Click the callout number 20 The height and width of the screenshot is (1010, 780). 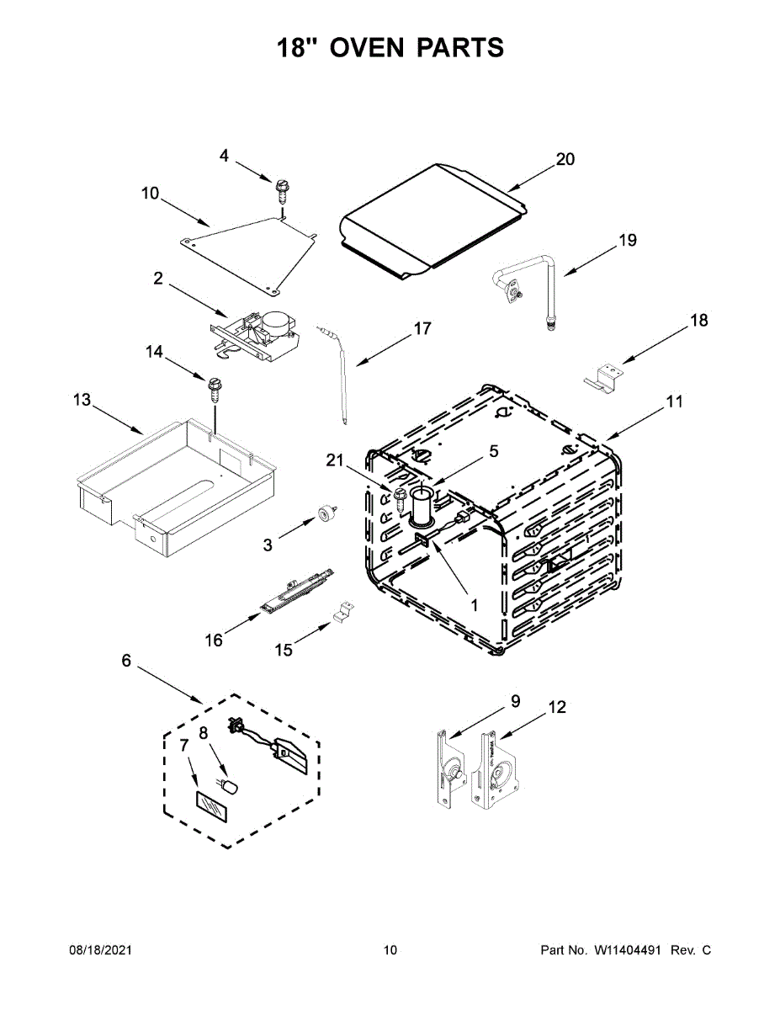(565, 158)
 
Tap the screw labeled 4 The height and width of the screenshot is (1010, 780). (281, 189)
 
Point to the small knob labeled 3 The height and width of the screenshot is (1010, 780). (324, 514)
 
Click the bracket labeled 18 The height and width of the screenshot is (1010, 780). (602, 375)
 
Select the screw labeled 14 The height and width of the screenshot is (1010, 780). (213, 389)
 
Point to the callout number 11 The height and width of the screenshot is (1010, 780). (675, 401)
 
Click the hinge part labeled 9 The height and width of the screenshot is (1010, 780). (448, 767)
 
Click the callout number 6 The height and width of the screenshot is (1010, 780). (126, 661)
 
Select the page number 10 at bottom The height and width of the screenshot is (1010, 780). (390, 950)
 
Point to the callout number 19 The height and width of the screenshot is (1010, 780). (628, 240)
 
